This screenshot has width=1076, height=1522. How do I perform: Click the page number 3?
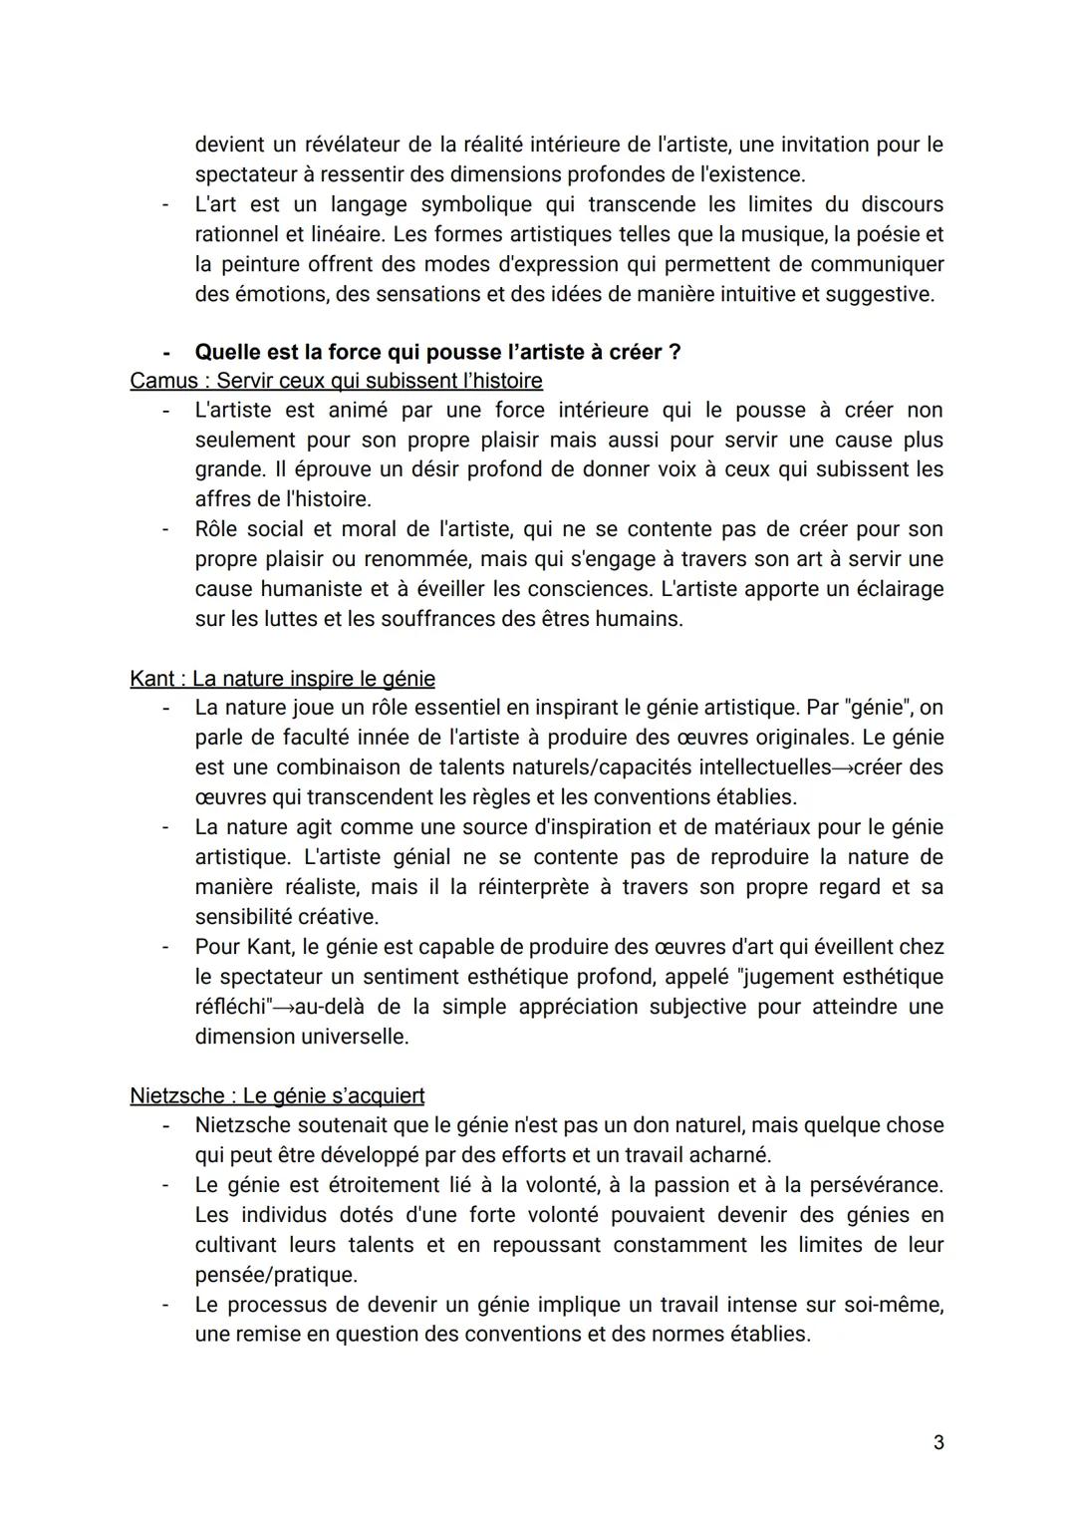coord(939,1442)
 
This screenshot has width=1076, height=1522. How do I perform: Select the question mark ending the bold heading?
coord(674,352)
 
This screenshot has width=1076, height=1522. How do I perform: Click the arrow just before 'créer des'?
coord(843,767)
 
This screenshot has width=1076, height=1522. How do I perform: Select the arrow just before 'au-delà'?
coord(285,1007)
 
